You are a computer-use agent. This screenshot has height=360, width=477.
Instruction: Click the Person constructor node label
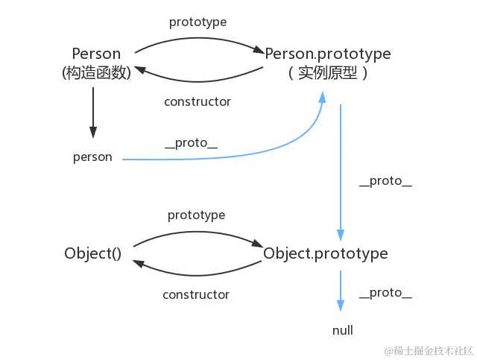tap(96, 54)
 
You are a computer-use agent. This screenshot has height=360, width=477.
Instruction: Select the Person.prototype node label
tap(328, 54)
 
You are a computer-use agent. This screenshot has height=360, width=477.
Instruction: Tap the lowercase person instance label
tap(92, 157)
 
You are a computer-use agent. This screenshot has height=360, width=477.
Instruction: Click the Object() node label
tap(92, 253)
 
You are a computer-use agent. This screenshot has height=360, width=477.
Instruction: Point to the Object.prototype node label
tap(326, 253)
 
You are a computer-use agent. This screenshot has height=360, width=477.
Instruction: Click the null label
tap(342, 330)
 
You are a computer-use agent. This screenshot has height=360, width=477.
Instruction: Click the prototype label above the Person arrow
tap(198, 22)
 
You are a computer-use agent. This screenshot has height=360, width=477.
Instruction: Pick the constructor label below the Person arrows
tap(198, 101)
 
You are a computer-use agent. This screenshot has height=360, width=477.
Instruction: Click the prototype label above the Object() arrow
tap(196, 215)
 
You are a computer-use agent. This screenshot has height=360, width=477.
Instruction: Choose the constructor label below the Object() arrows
tap(196, 294)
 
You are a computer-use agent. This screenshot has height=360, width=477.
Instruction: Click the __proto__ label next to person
tap(191, 143)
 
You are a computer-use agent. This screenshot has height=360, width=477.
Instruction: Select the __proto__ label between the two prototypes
tap(385, 181)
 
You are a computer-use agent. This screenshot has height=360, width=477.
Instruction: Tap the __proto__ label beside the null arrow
tap(385, 293)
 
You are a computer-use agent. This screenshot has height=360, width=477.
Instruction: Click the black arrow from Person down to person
tap(93, 112)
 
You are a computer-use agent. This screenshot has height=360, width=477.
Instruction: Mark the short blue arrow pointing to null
tap(341, 291)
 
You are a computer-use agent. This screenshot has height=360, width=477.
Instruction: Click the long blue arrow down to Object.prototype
tap(341, 171)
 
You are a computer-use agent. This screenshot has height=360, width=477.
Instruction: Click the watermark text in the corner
tap(429, 350)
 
